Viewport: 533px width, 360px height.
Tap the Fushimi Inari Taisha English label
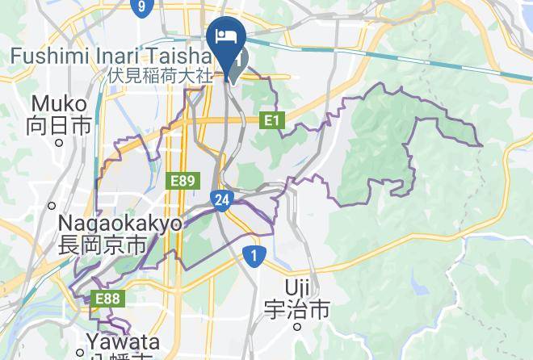pos(111,57)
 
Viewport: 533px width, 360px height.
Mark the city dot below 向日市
pos(58,142)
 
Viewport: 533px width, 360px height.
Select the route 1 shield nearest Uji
pos(254,256)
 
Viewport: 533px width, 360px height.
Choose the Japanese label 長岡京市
pos(103,245)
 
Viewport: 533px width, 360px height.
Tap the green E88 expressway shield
pos(107,299)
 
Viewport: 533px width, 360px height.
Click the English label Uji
pos(297,287)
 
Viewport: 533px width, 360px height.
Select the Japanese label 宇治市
pos(297,308)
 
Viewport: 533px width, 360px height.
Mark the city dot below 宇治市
pos(297,327)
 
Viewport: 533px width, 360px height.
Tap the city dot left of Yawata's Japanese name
pos(80,353)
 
